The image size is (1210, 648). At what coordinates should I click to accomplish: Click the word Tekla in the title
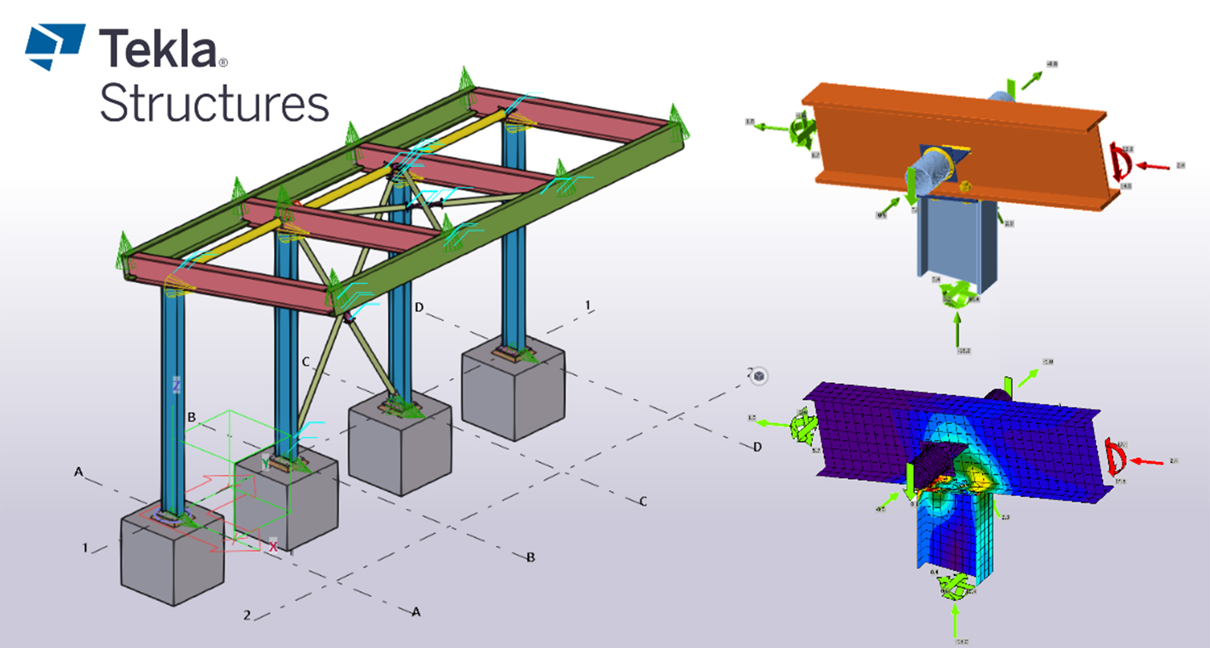point(157,49)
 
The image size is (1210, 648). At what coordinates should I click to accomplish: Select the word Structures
point(214,103)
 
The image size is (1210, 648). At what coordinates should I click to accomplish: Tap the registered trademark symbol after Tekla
point(223,63)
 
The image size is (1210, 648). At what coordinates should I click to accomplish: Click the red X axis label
point(273,546)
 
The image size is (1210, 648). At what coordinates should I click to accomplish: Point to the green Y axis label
point(265,464)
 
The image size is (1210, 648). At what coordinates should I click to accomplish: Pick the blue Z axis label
point(176,385)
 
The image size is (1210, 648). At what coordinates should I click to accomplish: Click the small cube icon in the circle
point(758,376)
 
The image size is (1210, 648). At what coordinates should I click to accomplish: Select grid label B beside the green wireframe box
point(191,417)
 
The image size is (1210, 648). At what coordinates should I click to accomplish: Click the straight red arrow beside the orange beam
point(1153,166)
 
